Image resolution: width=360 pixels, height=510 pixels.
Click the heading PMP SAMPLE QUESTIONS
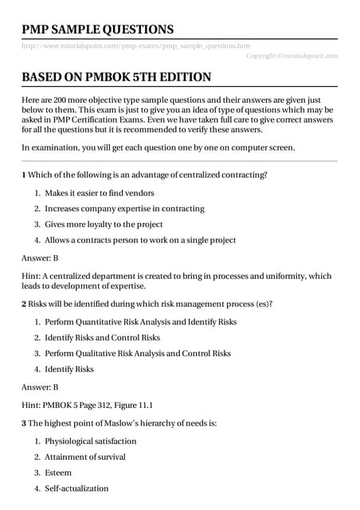tap(97, 29)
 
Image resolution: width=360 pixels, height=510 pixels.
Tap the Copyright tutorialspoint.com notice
tap(292, 56)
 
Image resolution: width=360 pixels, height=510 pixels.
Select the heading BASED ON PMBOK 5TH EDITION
tap(115, 77)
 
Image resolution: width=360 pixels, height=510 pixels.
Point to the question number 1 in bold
tap(24, 174)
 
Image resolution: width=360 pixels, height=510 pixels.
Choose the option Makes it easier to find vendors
tap(100, 193)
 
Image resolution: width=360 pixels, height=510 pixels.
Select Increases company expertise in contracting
tap(124, 209)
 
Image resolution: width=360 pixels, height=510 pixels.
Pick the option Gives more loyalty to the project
tap(104, 225)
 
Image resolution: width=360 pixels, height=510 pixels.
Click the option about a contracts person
tap(139, 240)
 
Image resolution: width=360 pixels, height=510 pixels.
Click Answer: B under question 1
tap(40, 259)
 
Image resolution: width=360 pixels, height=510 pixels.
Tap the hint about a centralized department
tap(175, 280)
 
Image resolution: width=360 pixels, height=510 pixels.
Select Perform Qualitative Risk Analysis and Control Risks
tap(138, 353)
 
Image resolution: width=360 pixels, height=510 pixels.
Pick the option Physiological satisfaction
tap(91, 441)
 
